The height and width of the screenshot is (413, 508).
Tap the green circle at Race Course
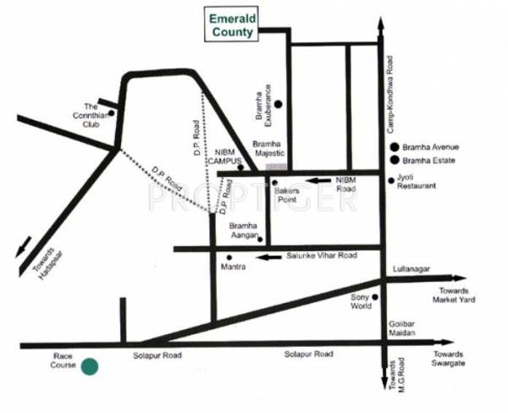[x=89, y=366]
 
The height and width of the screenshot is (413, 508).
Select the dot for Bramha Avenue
[x=394, y=146]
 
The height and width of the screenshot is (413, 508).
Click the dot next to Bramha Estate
[x=394, y=160]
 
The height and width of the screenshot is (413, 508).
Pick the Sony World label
[x=362, y=302]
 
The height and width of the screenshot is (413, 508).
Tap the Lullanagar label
[x=412, y=269]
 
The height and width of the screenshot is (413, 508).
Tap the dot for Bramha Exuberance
[x=277, y=104]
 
